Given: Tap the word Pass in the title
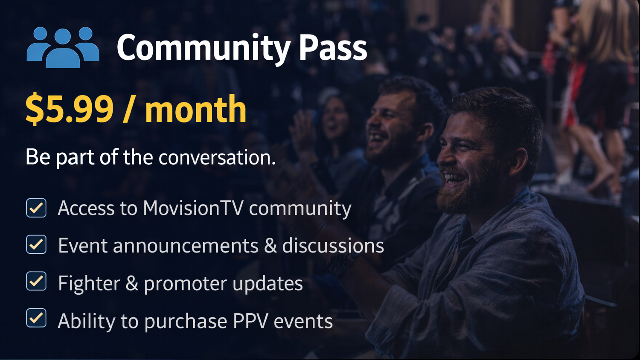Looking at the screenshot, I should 333,48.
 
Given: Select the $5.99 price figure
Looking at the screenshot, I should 70,110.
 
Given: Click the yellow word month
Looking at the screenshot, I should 195,110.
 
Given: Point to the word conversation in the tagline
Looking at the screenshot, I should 217,157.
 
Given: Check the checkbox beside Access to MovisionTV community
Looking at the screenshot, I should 36,208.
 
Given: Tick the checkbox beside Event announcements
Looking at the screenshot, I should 36,245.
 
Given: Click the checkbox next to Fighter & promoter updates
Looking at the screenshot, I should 36,282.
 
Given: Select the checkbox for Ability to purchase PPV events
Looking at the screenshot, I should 36,318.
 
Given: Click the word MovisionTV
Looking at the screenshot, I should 193,208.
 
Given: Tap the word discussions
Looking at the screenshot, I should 333,246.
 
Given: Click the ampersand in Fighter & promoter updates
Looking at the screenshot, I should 132,283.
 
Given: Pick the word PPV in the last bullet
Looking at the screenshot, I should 250,321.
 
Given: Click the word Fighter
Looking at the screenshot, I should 89,283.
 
